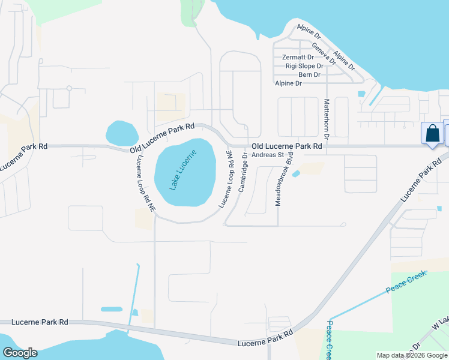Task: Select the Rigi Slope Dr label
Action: (x=304, y=66)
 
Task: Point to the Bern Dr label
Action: (x=309, y=74)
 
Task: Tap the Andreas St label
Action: (x=267, y=155)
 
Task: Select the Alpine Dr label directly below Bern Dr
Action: (x=288, y=83)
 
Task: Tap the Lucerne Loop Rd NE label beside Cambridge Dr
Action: (x=226, y=179)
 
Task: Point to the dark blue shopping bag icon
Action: (x=432, y=134)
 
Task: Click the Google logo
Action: (x=20, y=353)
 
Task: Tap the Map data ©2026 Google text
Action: (x=412, y=355)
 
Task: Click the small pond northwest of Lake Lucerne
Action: (x=121, y=133)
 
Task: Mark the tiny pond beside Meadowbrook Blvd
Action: (x=296, y=174)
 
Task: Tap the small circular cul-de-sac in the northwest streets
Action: (x=69, y=88)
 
